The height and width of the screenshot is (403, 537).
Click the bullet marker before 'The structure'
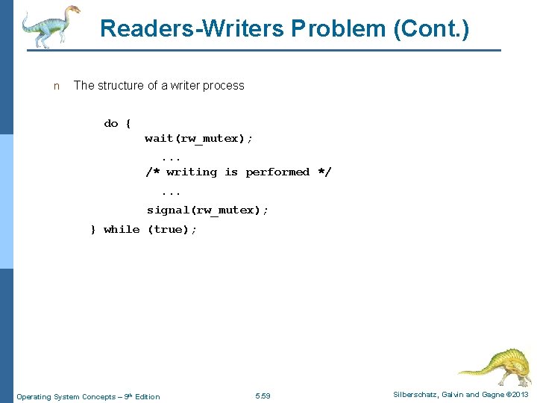click(x=56, y=86)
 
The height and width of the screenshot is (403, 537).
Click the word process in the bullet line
click(x=221, y=86)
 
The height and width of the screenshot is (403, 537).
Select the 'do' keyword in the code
click(x=111, y=123)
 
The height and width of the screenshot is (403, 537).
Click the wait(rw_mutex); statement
click(x=199, y=138)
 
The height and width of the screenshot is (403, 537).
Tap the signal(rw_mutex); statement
click(x=208, y=210)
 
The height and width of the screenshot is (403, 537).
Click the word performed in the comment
click(x=277, y=172)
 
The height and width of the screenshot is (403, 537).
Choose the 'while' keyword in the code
click(x=122, y=229)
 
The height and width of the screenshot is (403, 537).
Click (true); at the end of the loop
click(x=172, y=229)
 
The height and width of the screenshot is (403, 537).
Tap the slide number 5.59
click(x=263, y=396)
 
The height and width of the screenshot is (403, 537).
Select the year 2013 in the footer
click(x=520, y=395)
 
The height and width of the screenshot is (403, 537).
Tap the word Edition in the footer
click(x=146, y=396)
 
